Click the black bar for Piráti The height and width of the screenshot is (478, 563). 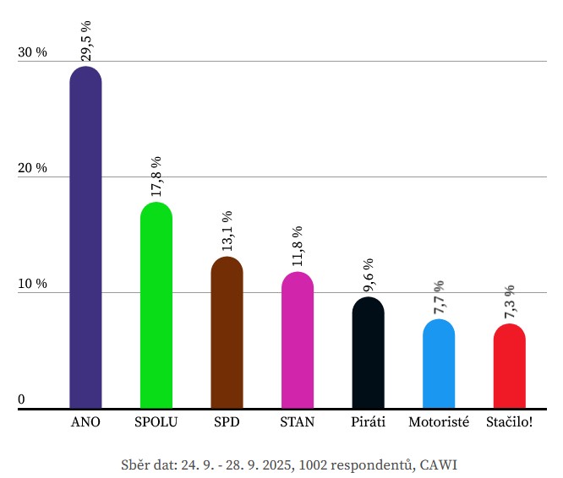[368, 352]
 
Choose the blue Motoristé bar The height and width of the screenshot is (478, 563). [439, 363]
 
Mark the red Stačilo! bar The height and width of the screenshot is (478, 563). [509, 365]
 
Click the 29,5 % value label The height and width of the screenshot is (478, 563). [85, 41]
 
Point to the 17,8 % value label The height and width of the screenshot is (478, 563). [156, 177]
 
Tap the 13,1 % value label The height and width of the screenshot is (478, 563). [227, 231]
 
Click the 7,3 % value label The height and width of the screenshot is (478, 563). [509, 301]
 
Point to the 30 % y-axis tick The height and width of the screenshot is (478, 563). [33, 52]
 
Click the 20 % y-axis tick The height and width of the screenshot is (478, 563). [33, 168]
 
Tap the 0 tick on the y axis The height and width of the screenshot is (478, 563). [22, 399]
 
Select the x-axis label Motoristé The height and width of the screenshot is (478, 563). [438, 421]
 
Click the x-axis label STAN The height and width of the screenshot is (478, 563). [297, 421]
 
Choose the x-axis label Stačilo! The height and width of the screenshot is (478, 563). [509, 421]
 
